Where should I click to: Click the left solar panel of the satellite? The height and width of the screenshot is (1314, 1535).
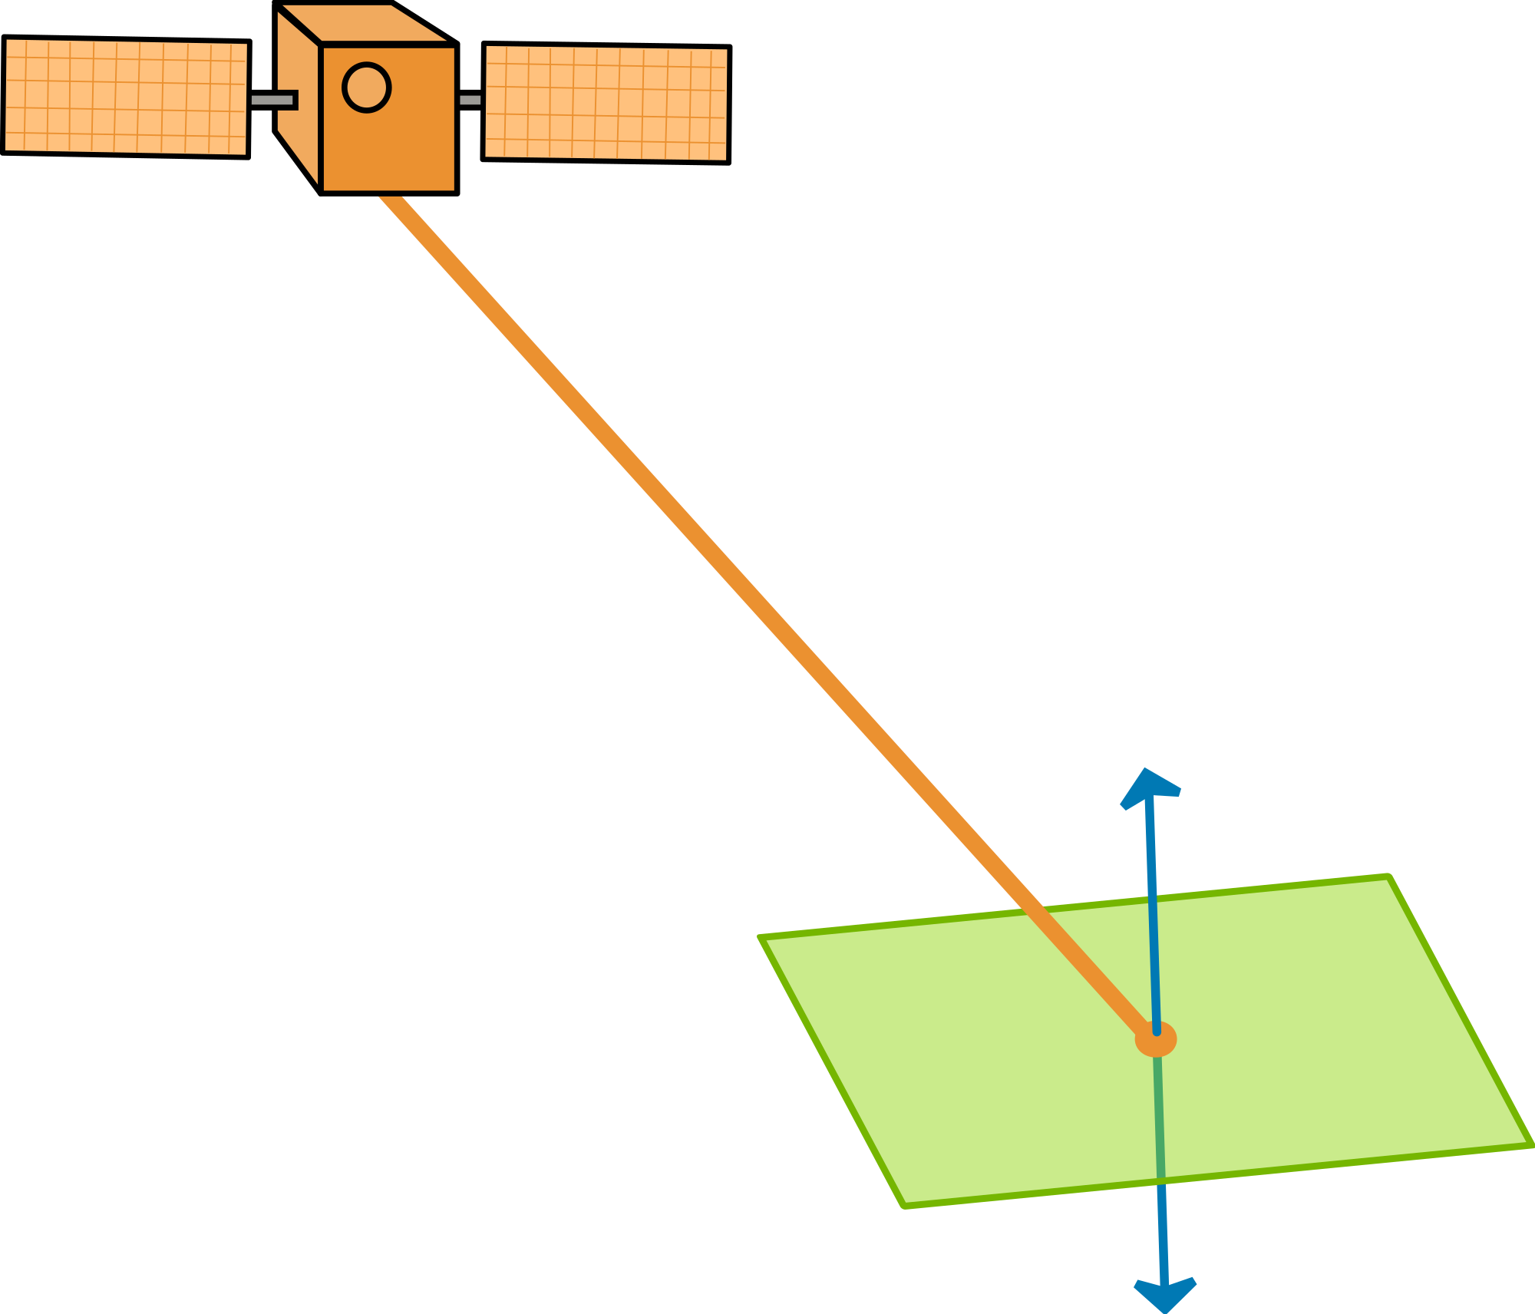click(126, 97)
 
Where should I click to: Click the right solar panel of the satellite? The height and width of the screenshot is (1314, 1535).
click(606, 103)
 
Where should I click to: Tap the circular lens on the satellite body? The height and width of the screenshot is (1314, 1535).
click(366, 87)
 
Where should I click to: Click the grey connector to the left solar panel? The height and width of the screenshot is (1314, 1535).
click(272, 100)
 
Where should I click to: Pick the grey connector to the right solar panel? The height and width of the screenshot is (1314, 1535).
click(470, 100)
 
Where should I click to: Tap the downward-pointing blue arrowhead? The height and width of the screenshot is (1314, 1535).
click(1165, 1294)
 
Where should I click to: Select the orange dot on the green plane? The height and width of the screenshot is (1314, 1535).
click(1155, 1039)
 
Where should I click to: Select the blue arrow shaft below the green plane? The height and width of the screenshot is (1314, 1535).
click(1164, 1236)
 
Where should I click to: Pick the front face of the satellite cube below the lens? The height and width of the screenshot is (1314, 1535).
click(388, 154)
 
